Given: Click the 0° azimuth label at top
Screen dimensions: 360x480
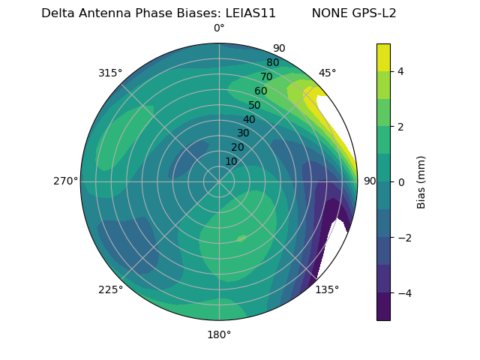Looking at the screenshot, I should click(x=219, y=28).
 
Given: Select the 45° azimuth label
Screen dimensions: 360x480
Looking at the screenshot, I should click(x=328, y=73).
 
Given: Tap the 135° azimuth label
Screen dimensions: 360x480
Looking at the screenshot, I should click(x=327, y=289).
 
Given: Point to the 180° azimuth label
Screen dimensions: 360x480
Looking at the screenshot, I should click(x=219, y=334).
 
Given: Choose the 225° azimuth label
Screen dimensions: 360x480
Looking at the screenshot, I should click(x=110, y=289).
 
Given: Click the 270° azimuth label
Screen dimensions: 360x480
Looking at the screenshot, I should click(x=65, y=181).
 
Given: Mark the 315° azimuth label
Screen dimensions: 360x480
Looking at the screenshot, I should click(x=110, y=73).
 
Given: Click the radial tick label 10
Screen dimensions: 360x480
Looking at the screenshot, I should click(x=231, y=161).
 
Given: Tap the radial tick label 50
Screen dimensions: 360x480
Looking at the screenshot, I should click(x=254, y=106).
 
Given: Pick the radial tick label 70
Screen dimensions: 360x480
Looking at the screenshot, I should click(x=266, y=76).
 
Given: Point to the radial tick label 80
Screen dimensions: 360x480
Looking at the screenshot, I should click(x=272, y=63).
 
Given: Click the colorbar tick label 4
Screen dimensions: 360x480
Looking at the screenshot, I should click(x=401, y=71).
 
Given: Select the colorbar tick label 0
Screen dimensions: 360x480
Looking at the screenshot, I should click(x=401, y=181).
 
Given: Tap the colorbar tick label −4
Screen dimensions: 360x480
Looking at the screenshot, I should click(x=403, y=292).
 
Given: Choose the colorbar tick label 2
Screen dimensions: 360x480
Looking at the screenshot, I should click(x=401, y=127).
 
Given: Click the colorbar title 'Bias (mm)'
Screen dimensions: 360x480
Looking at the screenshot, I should click(x=421, y=181).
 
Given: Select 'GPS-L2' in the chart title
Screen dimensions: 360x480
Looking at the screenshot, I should click(x=373, y=13).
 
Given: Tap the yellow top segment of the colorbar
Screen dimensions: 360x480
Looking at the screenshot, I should click(x=383, y=57).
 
